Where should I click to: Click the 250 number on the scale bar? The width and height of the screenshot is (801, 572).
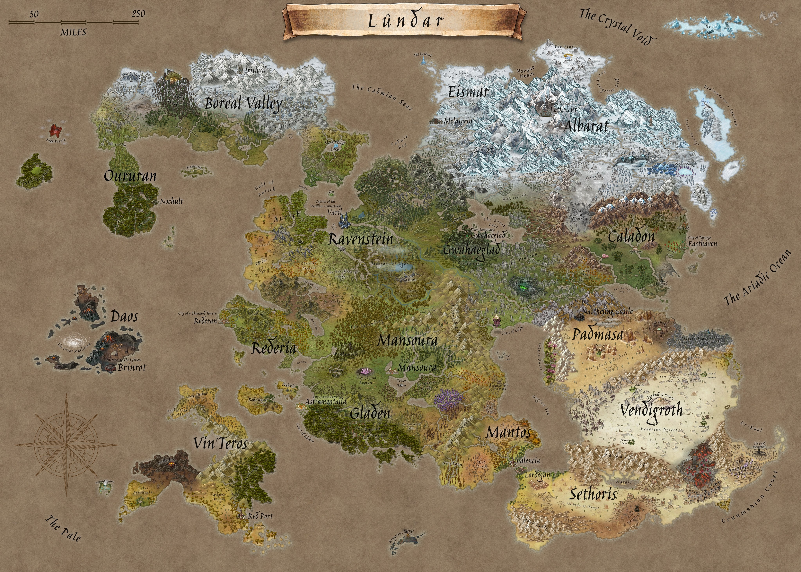point(138,14)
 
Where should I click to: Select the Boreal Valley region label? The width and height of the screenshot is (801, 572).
point(244,104)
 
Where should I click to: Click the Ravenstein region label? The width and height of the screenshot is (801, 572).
point(360,239)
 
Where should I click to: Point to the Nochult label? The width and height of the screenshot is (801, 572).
point(172,202)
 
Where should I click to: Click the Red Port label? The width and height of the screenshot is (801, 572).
point(260,516)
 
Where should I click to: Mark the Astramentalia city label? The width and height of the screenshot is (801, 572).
point(325,401)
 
